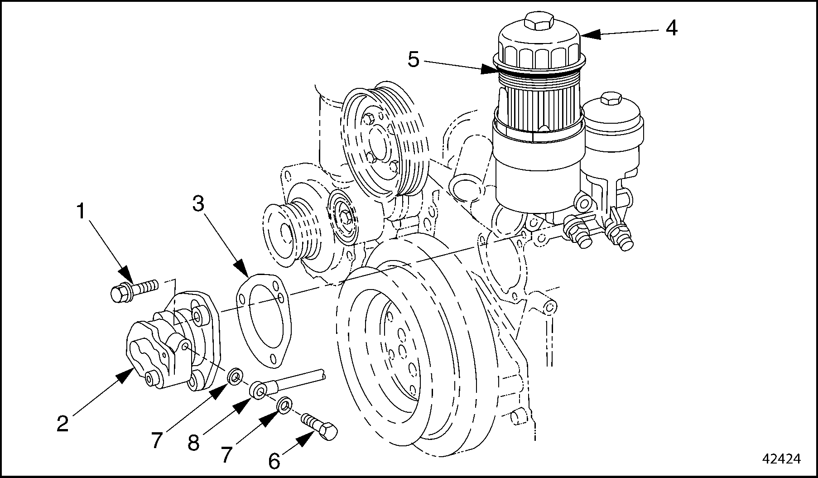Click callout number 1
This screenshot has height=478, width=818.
coord(81,211)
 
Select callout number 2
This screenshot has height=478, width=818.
coord(63,423)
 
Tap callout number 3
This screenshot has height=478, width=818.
coord(198,204)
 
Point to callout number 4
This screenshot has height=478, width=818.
coord(671,28)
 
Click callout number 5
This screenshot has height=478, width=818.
coord(414,59)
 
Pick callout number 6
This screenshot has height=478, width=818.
coord(274,461)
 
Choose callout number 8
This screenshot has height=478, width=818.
coord(193,443)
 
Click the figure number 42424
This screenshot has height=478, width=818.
coord(782,459)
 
